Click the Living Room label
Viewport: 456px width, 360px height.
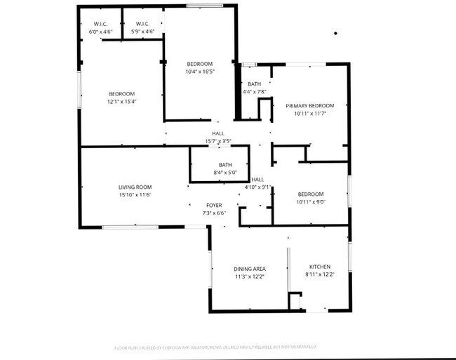[x=135, y=187]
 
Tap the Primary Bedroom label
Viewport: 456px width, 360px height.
[x=309, y=105]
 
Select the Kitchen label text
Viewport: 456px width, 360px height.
[x=320, y=267]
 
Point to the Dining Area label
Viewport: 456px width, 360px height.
[x=249, y=269]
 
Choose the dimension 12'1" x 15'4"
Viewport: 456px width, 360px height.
[x=121, y=102]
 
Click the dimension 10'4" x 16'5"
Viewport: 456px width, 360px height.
[x=199, y=72]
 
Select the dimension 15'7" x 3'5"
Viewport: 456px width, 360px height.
[x=218, y=141]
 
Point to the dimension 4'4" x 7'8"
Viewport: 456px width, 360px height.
[x=254, y=92]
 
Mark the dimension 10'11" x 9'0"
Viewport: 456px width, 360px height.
[x=311, y=202]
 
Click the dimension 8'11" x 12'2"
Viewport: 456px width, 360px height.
[x=320, y=274]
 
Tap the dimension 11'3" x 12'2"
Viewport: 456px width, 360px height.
[x=249, y=276]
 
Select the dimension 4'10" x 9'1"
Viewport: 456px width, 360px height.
[x=258, y=187]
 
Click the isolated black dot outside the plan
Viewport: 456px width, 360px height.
[x=335, y=33]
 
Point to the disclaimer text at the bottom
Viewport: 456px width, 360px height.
[x=215, y=347]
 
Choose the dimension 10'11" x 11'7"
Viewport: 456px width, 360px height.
[x=309, y=113]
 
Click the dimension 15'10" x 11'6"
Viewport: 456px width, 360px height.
[x=135, y=194]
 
